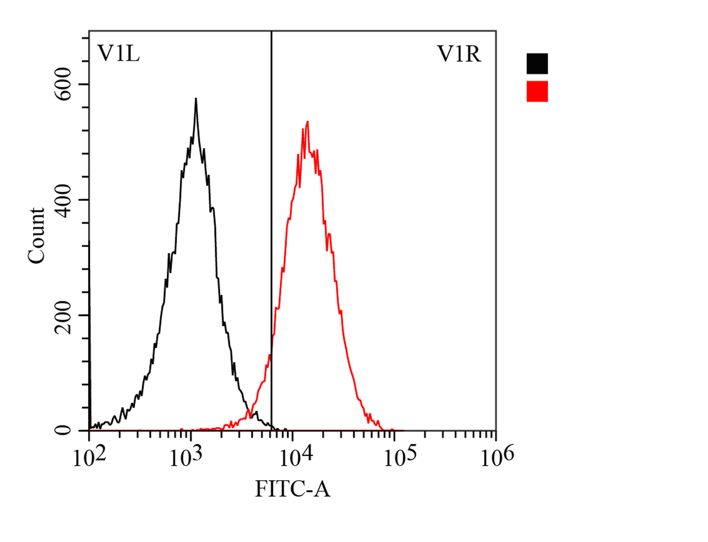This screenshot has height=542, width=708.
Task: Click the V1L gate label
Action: coord(118,54)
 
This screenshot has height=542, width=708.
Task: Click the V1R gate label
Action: coord(459,54)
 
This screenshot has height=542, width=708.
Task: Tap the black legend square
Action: coord(537,64)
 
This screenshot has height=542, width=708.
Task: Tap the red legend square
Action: coord(537,91)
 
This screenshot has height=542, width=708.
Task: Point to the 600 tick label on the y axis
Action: coord(63,84)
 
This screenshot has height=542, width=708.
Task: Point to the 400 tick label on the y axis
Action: coord(63,201)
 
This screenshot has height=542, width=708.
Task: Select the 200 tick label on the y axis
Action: coord(63,317)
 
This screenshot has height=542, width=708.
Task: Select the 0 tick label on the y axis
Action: coord(63,430)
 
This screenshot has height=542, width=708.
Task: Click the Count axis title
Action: coord(36,236)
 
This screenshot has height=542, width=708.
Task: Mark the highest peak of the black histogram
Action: coord(196,99)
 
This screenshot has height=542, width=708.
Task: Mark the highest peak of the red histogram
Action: coord(308,122)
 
